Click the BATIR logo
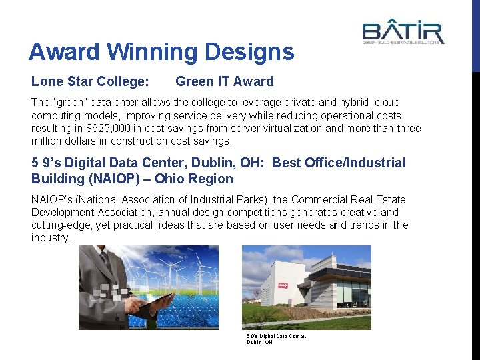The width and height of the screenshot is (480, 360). [x=403, y=33]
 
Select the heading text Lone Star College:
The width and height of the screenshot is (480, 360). [x=90, y=82]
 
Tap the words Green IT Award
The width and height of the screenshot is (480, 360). [x=224, y=82]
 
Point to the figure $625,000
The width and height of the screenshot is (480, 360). [x=115, y=128]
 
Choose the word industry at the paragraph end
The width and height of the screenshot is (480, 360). [x=49, y=238]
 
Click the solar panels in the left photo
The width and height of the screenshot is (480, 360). [x=187, y=310]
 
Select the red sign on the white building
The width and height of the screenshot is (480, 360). [x=282, y=287]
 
